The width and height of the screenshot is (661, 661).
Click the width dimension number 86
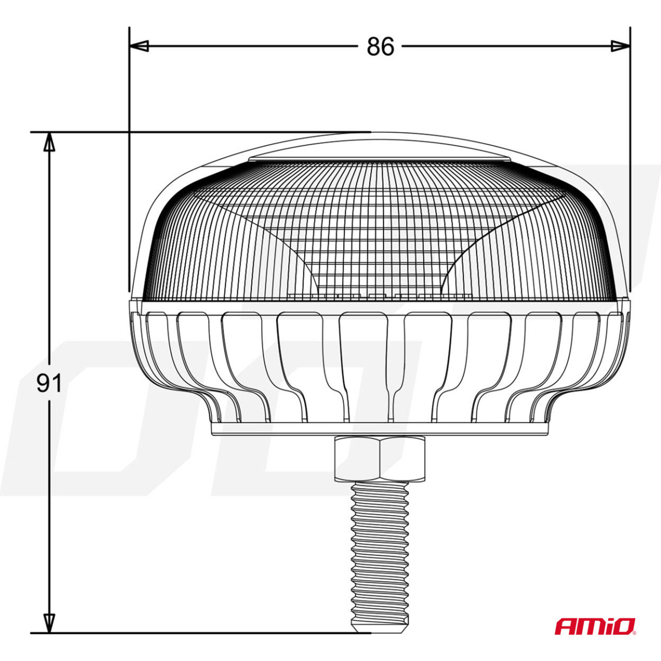(381, 47)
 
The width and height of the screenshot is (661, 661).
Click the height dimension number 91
(49, 383)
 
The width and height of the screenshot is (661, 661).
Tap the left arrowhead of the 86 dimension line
(139, 46)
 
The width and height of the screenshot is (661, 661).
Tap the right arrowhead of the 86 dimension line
(620, 46)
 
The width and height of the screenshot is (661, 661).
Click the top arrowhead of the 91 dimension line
(50, 142)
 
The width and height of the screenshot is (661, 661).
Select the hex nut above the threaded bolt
(380, 457)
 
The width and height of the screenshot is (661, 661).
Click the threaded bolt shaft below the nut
(380, 540)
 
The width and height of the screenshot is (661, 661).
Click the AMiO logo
(595, 626)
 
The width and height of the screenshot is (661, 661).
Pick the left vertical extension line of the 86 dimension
(129, 165)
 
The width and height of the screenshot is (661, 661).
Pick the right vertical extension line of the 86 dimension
(630, 165)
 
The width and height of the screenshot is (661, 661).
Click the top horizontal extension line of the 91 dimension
(193, 132)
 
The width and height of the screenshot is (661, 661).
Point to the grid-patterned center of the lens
(380, 242)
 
